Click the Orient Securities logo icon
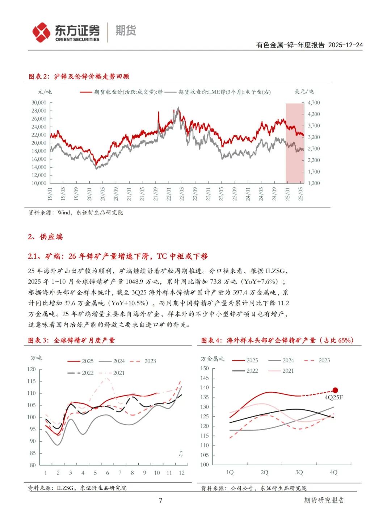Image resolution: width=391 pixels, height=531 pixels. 41,32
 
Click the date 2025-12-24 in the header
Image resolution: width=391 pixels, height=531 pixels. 345,45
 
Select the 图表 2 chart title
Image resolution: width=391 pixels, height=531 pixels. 79,76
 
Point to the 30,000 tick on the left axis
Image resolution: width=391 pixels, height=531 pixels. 39,103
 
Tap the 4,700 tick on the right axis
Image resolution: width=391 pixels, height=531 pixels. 314,103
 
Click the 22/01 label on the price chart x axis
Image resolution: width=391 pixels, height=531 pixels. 168,194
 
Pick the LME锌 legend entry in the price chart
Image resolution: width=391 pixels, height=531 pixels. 224,92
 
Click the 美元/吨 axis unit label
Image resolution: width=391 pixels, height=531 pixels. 304,92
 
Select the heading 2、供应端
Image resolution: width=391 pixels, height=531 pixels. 45,237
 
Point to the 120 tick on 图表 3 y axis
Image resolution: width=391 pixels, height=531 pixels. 31,369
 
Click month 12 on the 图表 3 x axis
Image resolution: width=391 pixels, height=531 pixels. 181,473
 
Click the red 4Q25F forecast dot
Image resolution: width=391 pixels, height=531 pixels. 335,390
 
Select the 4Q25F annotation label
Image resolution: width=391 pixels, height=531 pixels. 334,397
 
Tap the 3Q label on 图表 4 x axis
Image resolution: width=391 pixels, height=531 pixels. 299,472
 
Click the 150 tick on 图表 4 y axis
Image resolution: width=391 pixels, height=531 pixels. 205,368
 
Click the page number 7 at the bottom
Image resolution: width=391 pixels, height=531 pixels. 160,500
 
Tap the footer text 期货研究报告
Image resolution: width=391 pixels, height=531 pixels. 324,500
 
